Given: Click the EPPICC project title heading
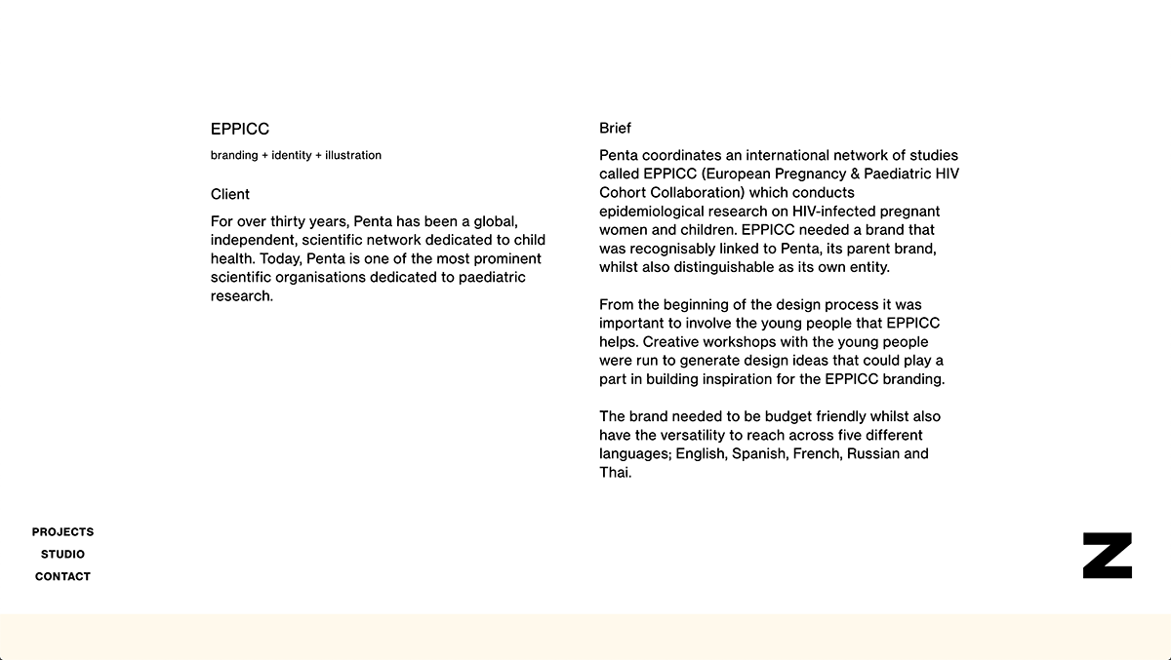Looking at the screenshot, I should click(240, 129).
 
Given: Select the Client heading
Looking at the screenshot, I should click(230, 194).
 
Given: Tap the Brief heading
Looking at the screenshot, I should click(615, 128).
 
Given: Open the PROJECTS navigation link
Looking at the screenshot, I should click(62, 532).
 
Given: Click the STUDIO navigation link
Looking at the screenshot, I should click(62, 555).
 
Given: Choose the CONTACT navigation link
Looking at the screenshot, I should click(62, 577).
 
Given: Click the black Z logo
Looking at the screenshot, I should click(1107, 556).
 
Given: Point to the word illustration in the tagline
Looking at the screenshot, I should click(353, 156).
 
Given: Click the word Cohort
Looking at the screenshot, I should click(622, 193).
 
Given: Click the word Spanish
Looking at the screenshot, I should click(758, 454).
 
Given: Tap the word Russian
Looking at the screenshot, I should click(873, 454).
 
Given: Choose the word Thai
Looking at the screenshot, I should click(614, 473).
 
